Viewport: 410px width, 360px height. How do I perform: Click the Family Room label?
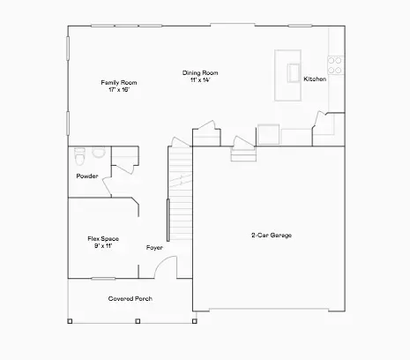click(119, 83)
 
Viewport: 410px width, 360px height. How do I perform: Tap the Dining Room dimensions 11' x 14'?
click(200, 79)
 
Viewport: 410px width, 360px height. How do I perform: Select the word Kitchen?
click(315, 79)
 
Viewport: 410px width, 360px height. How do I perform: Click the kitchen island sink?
click(294, 72)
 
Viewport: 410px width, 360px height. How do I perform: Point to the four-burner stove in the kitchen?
click(335, 65)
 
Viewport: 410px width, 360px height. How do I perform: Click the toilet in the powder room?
click(79, 156)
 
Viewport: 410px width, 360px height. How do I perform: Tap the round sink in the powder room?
click(99, 152)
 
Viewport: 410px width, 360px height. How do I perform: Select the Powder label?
click(87, 176)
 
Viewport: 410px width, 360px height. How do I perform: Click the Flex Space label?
click(103, 238)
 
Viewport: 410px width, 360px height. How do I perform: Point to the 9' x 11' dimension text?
click(103, 246)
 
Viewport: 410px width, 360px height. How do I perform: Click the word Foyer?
click(154, 248)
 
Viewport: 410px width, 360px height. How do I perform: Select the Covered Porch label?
click(130, 298)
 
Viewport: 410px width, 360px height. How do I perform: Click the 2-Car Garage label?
click(272, 235)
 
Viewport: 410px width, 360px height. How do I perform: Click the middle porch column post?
click(138, 321)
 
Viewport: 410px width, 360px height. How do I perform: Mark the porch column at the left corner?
click(70, 321)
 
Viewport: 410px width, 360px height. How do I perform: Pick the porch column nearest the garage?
click(194, 321)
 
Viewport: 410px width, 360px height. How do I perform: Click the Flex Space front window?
click(103, 278)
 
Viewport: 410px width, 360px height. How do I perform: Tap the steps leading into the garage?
click(243, 155)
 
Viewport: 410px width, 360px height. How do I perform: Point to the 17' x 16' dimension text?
click(119, 90)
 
